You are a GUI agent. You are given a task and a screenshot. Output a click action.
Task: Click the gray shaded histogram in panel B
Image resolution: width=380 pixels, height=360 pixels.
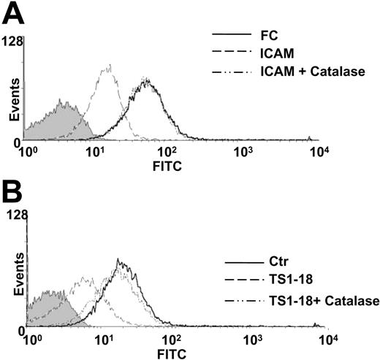[x=47, y=310]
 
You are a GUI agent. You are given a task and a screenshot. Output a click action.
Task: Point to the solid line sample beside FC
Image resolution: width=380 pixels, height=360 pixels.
[x=229, y=34]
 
